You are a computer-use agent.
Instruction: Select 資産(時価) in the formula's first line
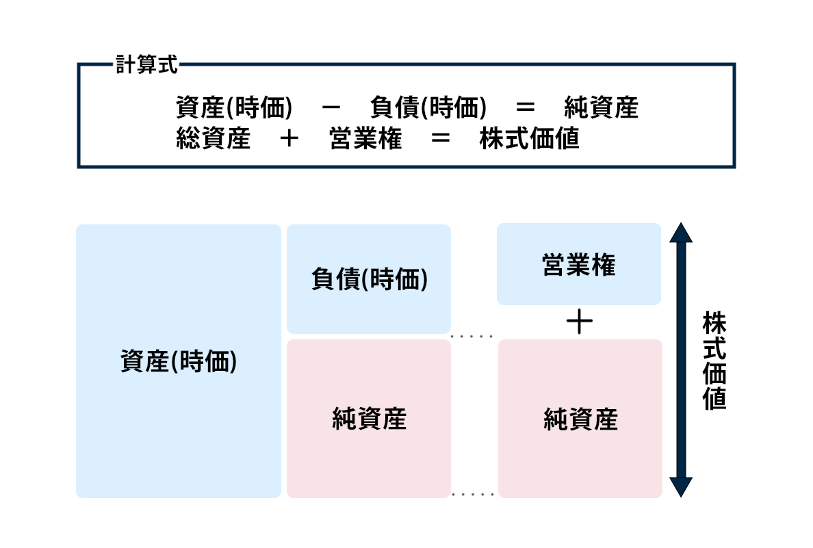click(x=234, y=108)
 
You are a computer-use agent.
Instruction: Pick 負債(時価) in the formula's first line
click(x=428, y=108)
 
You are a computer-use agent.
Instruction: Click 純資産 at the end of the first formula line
click(x=602, y=108)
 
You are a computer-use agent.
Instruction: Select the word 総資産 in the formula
click(x=213, y=139)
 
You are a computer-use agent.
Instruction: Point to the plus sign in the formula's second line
click(x=289, y=139)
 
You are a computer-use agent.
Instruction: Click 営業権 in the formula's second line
click(x=365, y=139)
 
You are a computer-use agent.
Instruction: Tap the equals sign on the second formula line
click(x=441, y=139)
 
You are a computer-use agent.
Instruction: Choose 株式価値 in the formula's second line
click(x=530, y=139)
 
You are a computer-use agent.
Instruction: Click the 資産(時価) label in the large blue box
click(x=179, y=361)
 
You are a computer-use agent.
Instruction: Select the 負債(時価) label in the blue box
click(x=370, y=280)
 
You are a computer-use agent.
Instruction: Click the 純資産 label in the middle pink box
click(x=370, y=419)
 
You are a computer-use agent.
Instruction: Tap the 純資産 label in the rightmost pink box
click(x=580, y=419)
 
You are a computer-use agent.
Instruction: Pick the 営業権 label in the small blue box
click(x=579, y=265)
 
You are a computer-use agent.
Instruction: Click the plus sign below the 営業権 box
click(x=579, y=322)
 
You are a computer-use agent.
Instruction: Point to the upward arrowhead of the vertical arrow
click(x=681, y=233)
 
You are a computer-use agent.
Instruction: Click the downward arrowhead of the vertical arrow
click(x=681, y=486)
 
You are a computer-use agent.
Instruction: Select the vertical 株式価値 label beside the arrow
click(x=714, y=361)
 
